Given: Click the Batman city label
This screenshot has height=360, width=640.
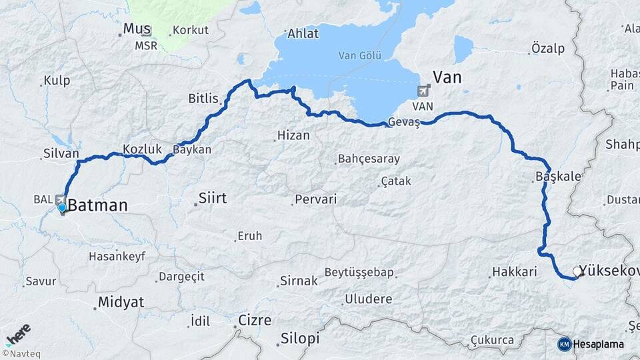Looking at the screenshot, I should tap(97, 205).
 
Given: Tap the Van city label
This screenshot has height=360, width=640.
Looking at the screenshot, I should tap(447, 77).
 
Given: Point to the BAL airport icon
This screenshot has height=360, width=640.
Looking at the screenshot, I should tap(61, 199).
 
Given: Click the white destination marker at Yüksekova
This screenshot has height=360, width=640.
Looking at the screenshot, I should tap(577, 271).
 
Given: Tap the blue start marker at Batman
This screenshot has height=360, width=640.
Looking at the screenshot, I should tap(62, 208).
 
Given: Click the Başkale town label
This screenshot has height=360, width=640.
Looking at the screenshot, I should tap(558, 177).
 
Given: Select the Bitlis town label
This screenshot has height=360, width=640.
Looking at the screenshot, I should tap(203, 99).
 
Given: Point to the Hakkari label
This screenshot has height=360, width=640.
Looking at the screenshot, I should tap(514, 272).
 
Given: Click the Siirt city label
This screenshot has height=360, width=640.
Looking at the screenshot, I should tap(213, 198).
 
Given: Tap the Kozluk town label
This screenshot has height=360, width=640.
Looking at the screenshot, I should tap(139, 149).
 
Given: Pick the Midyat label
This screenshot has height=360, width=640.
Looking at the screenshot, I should tap(121, 302).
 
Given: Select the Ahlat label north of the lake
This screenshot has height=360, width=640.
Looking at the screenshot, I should tap(303, 33).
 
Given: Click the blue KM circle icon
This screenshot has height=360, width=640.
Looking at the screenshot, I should tap(564, 344).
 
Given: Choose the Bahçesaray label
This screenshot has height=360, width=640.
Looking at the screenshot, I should tap(369, 159).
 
